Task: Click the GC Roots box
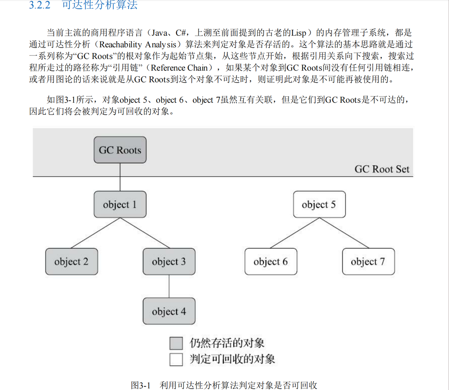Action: point(120,150)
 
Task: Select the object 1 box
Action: point(120,204)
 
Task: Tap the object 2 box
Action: point(72,262)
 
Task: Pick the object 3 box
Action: point(169,262)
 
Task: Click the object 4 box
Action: point(169,311)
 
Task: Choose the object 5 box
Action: point(319,204)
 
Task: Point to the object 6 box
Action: point(271,262)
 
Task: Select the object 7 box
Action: point(368,262)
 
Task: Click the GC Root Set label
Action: point(382,169)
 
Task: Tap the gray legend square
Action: point(176,343)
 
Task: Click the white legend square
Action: point(176,359)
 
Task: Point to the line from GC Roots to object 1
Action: point(120,177)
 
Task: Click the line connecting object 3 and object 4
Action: point(169,286)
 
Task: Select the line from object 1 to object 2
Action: point(95,233)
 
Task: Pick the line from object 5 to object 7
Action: point(344,233)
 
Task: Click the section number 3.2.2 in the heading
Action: point(40,5)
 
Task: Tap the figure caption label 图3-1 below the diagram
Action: point(140,385)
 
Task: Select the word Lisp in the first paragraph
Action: point(299,33)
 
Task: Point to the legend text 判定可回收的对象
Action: point(232,359)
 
